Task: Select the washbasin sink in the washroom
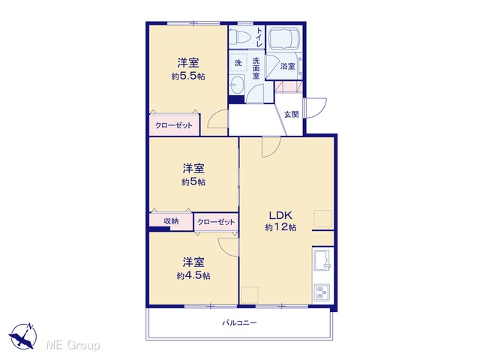(237, 84)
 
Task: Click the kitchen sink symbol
(322, 259)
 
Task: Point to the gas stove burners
(322, 292)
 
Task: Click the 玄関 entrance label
(291, 115)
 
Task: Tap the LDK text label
(280, 215)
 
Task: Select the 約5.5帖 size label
(188, 76)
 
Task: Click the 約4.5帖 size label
(193, 276)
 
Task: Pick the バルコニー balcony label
(240, 322)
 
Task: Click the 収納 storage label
(171, 220)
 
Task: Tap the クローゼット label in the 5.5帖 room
(174, 125)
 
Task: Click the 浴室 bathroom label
(288, 66)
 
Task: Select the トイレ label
(259, 37)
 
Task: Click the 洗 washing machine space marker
(238, 63)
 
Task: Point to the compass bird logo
(23, 336)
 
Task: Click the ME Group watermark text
(73, 345)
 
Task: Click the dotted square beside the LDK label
(323, 219)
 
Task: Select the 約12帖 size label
(280, 227)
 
